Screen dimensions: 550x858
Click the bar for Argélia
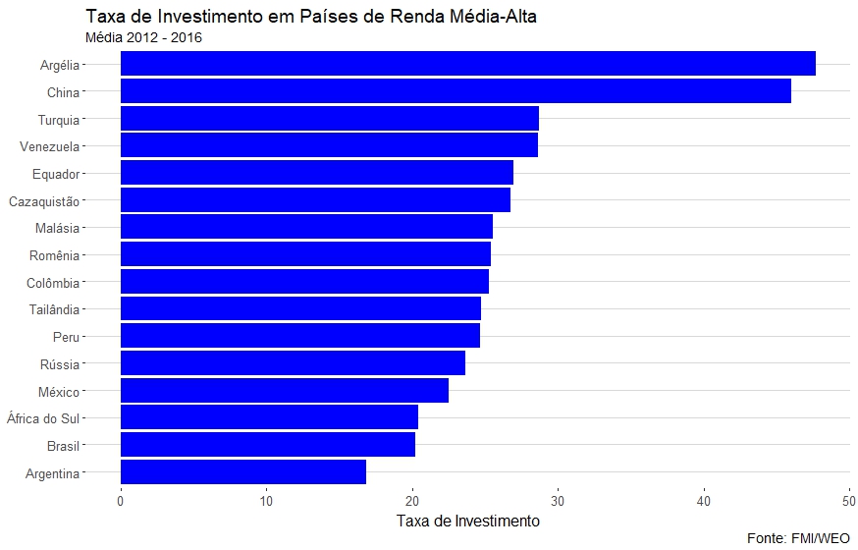(x=467, y=64)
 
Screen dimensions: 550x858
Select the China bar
(x=456, y=91)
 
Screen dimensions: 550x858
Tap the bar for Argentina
(x=242, y=472)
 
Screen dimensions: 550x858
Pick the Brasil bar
(x=267, y=445)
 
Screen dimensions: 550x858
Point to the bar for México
(x=284, y=391)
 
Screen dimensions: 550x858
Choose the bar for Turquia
(x=329, y=119)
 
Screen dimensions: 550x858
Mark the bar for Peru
(x=299, y=336)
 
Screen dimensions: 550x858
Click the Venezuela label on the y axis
(x=50, y=146)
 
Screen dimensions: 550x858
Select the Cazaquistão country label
(x=44, y=201)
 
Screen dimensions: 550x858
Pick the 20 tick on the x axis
(x=412, y=500)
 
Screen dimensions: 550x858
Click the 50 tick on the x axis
(x=849, y=500)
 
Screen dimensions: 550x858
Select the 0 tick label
(x=121, y=500)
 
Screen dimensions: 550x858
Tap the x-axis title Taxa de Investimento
(x=467, y=520)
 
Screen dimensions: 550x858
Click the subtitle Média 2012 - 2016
(x=144, y=37)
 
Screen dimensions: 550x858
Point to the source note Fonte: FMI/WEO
(x=798, y=538)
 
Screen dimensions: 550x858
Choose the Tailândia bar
(x=300, y=309)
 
